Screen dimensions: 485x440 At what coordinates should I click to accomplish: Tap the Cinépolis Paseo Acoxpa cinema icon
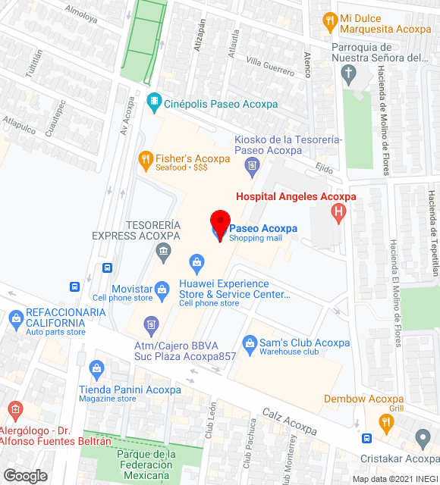pyautogui.click(x=155, y=100)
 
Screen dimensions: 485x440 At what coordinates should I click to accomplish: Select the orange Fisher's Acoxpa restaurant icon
pyautogui.click(x=145, y=159)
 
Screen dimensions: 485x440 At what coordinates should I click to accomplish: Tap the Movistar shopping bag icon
pyautogui.click(x=162, y=289)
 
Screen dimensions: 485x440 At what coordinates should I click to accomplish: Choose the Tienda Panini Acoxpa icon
pyautogui.click(x=96, y=369)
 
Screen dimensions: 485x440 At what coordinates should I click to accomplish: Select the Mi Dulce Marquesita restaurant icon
pyautogui.click(x=329, y=19)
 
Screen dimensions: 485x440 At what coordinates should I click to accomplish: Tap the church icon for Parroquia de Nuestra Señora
pyautogui.click(x=348, y=74)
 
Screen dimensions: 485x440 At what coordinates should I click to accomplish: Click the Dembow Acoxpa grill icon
pyautogui.click(x=386, y=421)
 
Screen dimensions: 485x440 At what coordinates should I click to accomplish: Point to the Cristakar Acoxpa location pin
pyautogui.click(x=423, y=438)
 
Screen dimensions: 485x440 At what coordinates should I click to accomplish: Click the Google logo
pyautogui.click(x=25, y=476)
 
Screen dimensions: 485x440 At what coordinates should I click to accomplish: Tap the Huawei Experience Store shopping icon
pyautogui.click(x=197, y=264)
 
